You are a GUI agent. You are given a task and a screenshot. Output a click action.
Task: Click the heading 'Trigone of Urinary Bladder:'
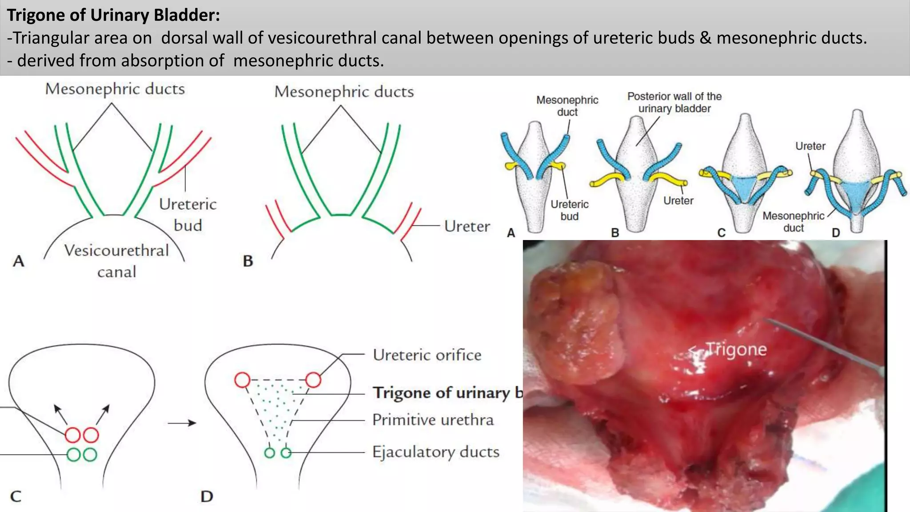[113, 15]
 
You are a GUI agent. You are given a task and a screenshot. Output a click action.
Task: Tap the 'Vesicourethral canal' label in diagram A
[116, 260]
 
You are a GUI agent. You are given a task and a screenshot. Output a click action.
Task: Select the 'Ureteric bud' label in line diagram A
[188, 214]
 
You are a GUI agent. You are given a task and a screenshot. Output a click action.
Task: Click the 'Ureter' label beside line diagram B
[467, 226]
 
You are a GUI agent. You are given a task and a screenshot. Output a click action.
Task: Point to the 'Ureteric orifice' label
[427, 355]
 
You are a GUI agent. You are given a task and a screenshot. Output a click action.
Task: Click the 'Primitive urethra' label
[433, 420]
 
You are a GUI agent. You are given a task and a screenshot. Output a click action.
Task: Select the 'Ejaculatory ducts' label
[436, 452]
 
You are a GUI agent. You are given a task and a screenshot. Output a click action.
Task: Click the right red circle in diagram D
[313, 380]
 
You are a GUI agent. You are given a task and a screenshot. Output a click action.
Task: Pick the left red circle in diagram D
[242, 380]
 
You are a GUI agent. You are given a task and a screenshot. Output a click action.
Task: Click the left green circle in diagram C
[73, 455]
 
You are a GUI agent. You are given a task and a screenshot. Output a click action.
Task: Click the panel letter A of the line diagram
[18, 261]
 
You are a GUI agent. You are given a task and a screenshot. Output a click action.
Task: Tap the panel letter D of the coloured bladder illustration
[836, 232]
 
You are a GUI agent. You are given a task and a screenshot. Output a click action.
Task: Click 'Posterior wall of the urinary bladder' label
[674, 103]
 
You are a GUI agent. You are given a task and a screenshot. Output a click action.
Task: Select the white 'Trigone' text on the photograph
[736, 349]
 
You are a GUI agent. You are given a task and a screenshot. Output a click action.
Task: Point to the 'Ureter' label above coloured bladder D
[810, 146]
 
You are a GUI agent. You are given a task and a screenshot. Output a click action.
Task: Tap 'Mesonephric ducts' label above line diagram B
[344, 92]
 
